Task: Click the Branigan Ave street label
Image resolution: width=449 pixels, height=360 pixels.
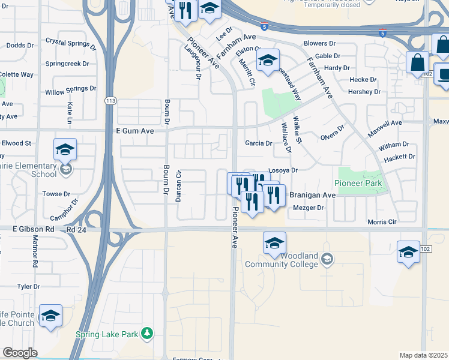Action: coord(312,195)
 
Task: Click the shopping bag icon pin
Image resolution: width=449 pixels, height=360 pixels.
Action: coord(417,62)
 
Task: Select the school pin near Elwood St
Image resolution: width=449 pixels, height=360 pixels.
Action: coord(65,149)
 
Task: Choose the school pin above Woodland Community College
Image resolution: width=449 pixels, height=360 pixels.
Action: coord(274,243)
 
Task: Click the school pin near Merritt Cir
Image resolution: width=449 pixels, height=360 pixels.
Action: coord(268,59)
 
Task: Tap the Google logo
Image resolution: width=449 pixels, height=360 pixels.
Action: coord(20,353)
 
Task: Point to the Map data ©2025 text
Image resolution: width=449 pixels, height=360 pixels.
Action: coord(423,355)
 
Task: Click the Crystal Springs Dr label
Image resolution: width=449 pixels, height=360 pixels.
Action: coord(70,44)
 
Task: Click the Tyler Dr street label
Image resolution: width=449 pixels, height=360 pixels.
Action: coord(28,287)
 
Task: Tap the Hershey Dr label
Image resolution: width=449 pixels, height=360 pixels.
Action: coord(364,92)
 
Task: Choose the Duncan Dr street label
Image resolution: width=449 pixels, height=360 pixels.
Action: coord(178,185)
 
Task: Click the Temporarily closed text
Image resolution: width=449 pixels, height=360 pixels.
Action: coord(332,5)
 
